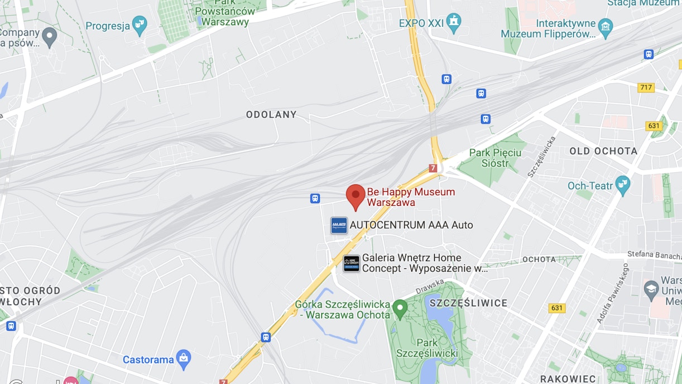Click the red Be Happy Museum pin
[356, 195]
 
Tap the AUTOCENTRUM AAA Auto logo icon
[339, 225]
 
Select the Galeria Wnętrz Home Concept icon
[352, 263]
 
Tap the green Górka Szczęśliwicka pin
[400, 308]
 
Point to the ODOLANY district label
[271, 115]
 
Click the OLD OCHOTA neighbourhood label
[603, 151]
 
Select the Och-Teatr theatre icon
[622, 184]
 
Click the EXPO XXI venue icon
[454, 22]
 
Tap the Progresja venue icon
[139, 25]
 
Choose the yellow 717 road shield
[646, 88]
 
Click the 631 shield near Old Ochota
[654, 126]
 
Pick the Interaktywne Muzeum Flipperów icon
[605, 26]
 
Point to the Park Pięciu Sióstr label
[496, 158]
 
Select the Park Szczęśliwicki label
[427, 348]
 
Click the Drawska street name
[429, 287]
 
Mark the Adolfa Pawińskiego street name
[613, 293]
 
